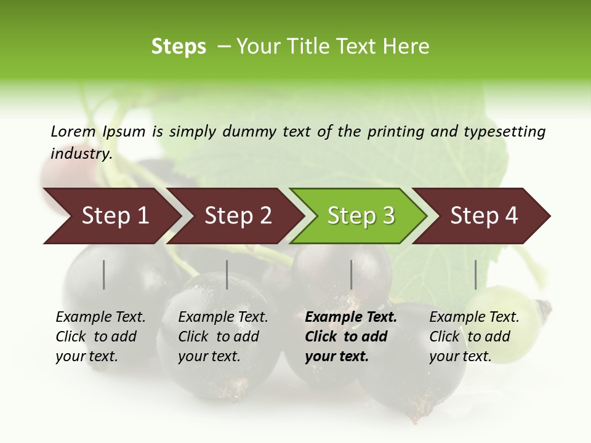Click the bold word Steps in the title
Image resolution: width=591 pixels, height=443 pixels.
coord(179,47)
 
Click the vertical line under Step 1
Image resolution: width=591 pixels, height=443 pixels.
coord(104,274)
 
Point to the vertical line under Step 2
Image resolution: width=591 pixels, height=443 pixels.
coord(227,274)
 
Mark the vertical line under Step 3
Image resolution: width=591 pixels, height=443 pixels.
coord(351,274)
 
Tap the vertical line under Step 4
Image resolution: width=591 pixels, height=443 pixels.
coord(475,274)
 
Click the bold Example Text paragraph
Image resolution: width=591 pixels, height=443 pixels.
coord(350,337)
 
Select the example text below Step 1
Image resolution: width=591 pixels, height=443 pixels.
coord(100,337)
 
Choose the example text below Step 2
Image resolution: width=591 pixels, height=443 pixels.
coord(223,337)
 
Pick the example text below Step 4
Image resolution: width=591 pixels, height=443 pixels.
coord(474,337)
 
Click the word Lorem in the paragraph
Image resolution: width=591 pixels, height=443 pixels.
coord(73,132)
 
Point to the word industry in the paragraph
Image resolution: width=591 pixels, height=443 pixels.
coord(81,153)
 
